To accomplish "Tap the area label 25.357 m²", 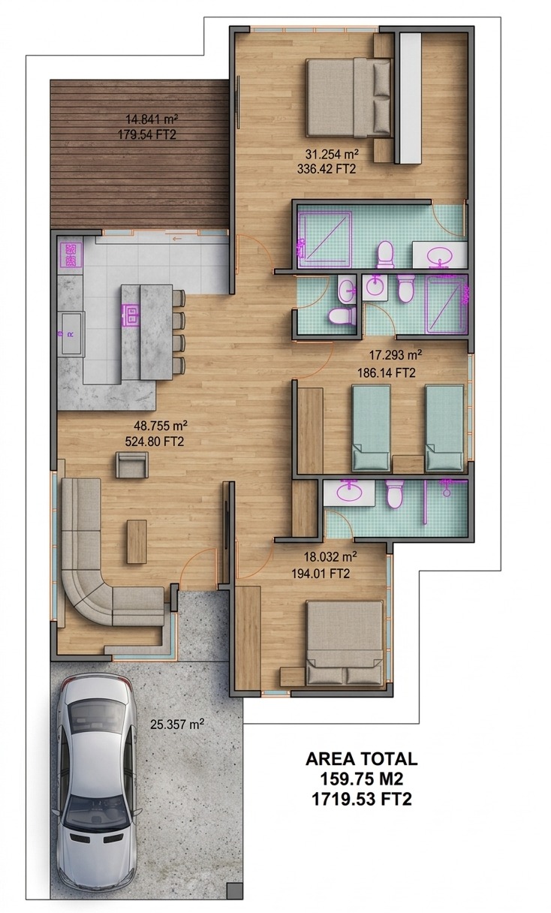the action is click(x=177, y=725).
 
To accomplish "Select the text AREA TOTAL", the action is click(x=362, y=759).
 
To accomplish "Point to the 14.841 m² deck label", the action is click(x=152, y=119).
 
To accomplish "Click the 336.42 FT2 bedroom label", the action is click(x=327, y=169).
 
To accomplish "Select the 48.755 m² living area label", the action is click(x=161, y=426).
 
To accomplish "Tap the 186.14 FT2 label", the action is click(x=387, y=372).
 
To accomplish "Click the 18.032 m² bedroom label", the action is click(x=330, y=556).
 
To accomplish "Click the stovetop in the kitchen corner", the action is click(x=71, y=255).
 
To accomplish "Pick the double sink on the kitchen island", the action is click(x=131, y=315).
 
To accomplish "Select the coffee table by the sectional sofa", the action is click(x=137, y=541).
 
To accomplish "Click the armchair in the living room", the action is click(x=131, y=465).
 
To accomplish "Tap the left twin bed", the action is click(x=372, y=429).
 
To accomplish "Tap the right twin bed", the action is click(x=444, y=429).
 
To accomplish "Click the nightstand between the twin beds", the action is click(x=408, y=464).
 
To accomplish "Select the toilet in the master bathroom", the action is click(x=386, y=255).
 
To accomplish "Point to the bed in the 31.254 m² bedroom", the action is click(x=349, y=97).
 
